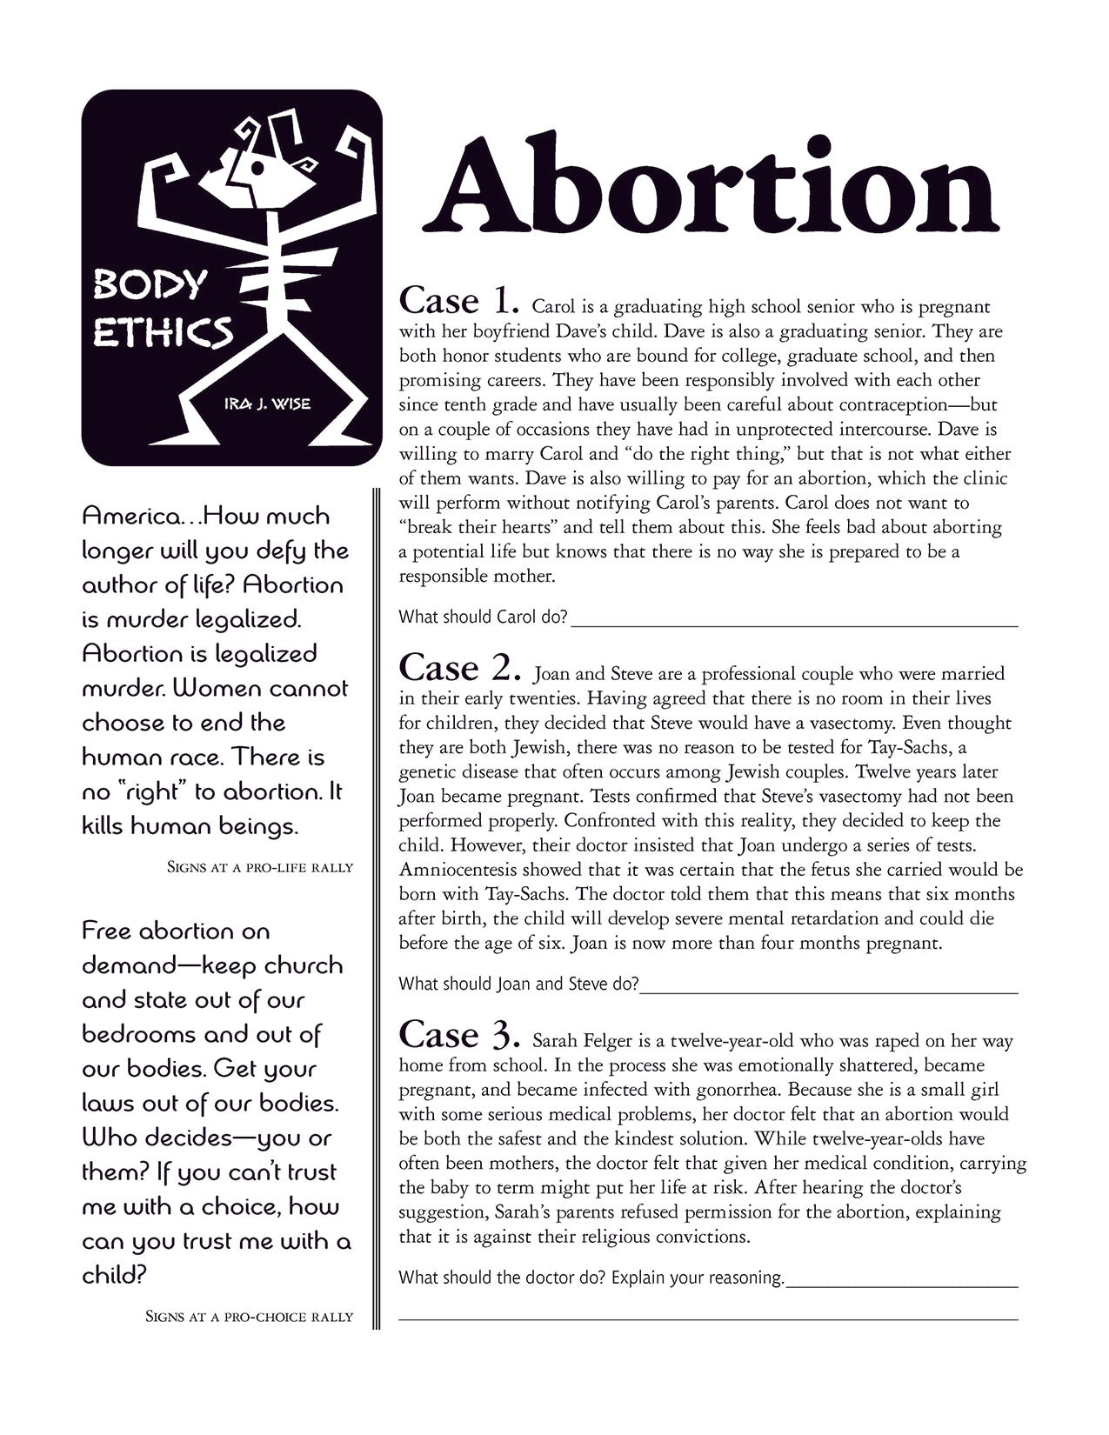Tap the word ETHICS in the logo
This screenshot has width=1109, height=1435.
click(163, 331)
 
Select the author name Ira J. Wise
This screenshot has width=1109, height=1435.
click(267, 404)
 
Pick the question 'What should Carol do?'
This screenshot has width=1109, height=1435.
click(483, 617)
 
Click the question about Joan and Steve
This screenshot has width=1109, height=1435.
click(518, 984)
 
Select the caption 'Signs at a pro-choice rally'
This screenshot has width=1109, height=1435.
click(249, 1317)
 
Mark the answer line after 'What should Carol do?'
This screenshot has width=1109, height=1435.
click(794, 624)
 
